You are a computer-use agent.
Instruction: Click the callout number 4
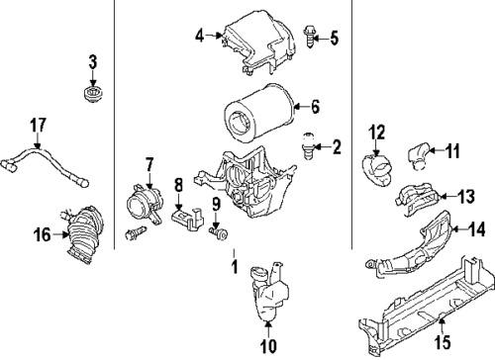200,36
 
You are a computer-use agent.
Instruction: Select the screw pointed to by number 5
309,37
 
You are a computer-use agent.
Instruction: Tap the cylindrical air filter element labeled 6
258,113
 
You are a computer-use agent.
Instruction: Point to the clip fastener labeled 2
308,146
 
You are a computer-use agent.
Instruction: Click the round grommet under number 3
92,94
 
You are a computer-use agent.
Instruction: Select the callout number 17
38,126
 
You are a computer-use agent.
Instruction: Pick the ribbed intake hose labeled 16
85,234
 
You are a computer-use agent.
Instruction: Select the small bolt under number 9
219,233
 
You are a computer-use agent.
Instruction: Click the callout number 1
235,267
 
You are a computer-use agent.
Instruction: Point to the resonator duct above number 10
269,291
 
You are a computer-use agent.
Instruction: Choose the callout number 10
268,346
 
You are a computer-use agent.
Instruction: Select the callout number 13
466,197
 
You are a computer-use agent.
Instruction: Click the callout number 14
477,228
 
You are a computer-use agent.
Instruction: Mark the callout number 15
443,342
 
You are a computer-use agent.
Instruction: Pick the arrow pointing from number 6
301,106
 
